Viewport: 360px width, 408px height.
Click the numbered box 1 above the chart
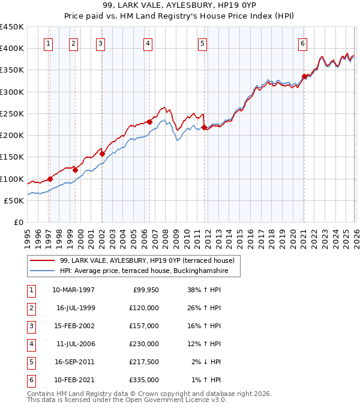[x=47, y=43]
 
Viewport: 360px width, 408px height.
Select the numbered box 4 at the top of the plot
[x=148, y=43]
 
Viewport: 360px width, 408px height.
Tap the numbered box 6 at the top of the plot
[x=303, y=43]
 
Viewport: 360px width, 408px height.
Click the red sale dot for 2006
[x=149, y=122]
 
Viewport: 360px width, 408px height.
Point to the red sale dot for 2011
[x=205, y=127]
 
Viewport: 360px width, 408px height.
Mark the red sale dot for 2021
[x=304, y=76]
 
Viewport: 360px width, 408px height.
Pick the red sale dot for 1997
[x=50, y=179]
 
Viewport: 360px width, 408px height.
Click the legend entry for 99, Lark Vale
[x=151, y=260]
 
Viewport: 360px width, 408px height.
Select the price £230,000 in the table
[x=145, y=344]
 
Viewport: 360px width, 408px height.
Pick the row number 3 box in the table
[x=30, y=326]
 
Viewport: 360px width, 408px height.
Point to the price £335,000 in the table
[x=145, y=380]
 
